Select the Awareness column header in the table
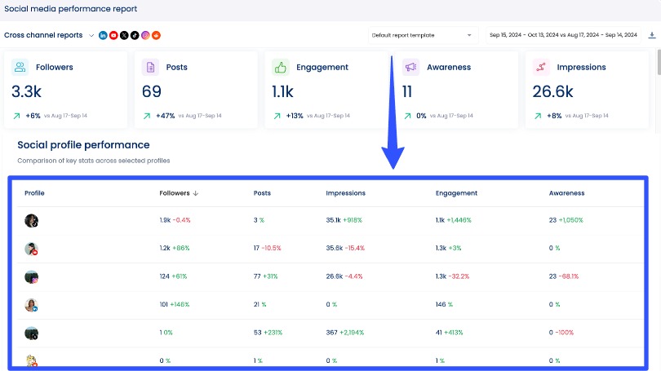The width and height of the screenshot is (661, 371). pyautogui.click(x=566, y=193)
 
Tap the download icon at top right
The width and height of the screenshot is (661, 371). pyautogui.click(x=651, y=35)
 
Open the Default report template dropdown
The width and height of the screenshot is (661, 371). pyautogui.click(x=421, y=35)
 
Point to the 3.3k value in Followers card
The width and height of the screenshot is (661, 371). pyautogui.click(x=27, y=91)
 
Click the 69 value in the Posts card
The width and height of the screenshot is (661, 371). pyautogui.click(x=152, y=91)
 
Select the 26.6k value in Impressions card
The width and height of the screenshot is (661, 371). pyautogui.click(x=552, y=91)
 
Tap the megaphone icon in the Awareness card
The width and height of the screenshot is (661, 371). pyautogui.click(x=410, y=67)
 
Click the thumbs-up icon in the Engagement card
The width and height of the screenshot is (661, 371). pyautogui.click(x=281, y=67)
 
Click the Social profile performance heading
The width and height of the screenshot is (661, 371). pyautogui.click(x=83, y=145)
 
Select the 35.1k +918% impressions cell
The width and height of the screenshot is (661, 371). pyautogui.click(x=344, y=220)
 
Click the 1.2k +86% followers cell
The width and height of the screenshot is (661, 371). pyautogui.click(x=174, y=248)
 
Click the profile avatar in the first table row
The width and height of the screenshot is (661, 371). pyautogui.click(x=31, y=220)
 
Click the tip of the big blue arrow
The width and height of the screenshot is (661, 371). pyautogui.click(x=393, y=167)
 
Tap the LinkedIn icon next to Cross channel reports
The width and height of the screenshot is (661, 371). pyautogui.click(x=103, y=35)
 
